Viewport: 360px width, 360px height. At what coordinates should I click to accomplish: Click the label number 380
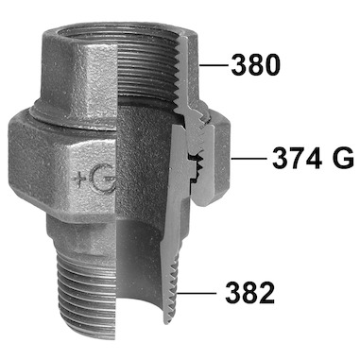point(255,65)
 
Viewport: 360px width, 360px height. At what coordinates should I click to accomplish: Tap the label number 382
point(250,293)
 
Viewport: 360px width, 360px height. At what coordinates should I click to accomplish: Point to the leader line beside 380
point(214,65)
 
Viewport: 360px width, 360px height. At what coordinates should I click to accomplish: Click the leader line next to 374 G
point(249,159)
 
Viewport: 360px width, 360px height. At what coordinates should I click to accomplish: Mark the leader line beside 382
point(197,293)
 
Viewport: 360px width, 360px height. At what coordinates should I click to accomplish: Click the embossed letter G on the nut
point(102,179)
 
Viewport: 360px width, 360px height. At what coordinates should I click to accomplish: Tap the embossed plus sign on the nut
point(78,180)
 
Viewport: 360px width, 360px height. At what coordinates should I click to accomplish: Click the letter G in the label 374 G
point(344,159)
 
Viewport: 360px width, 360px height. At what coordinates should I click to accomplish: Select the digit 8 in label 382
point(250,293)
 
